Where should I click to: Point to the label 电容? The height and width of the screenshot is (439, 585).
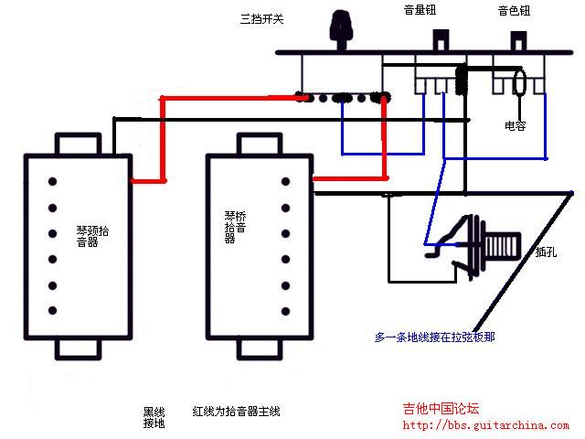pos(516,125)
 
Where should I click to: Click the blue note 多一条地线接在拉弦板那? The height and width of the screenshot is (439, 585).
pos(435,337)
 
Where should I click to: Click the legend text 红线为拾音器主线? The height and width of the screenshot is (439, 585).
pos(237,412)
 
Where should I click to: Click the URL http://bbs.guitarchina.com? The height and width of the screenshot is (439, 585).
pos(485,425)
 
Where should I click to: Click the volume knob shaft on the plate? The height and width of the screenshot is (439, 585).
pos(442,40)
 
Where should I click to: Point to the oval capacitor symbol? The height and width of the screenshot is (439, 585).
pos(519,83)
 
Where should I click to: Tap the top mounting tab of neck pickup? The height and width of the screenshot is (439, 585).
pos(83,145)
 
